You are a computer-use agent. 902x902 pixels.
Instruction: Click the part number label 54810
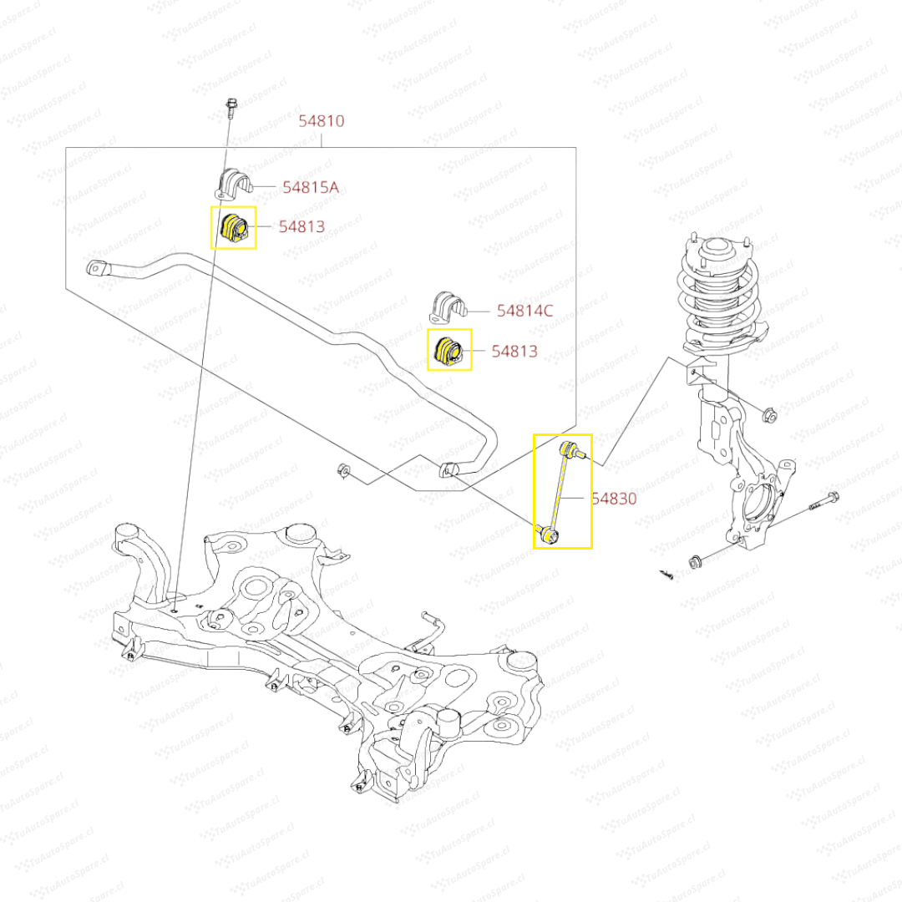(x=322, y=121)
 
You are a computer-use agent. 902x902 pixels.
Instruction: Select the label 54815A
(x=310, y=187)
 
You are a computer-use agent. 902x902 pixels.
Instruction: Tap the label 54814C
(x=524, y=311)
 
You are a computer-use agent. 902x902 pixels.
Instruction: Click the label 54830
(x=614, y=499)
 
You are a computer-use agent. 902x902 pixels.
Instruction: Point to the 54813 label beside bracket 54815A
(x=302, y=226)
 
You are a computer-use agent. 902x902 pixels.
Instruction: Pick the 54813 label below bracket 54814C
(x=514, y=352)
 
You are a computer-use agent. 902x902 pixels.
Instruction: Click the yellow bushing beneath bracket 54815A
(x=233, y=229)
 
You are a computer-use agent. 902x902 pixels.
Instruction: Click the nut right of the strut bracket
(x=770, y=413)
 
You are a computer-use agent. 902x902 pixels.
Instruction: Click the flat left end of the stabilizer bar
(x=99, y=268)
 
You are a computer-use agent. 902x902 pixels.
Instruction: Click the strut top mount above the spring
(x=717, y=249)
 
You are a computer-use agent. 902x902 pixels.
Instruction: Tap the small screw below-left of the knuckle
(x=666, y=574)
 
